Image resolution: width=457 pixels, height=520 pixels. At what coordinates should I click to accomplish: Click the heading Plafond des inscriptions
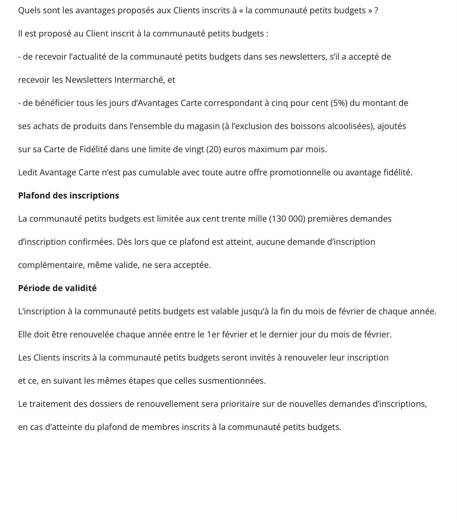point(69,196)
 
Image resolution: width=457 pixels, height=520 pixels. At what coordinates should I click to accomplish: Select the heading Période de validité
point(57,288)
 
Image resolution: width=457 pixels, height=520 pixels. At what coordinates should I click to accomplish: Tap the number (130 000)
point(287,219)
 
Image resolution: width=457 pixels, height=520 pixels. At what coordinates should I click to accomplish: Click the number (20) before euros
point(214,149)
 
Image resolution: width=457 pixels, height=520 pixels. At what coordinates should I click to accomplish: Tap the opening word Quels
point(28,10)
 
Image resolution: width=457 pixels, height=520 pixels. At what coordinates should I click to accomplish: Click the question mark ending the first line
point(376,10)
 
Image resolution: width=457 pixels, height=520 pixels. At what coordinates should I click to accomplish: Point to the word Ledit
point(28,172)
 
